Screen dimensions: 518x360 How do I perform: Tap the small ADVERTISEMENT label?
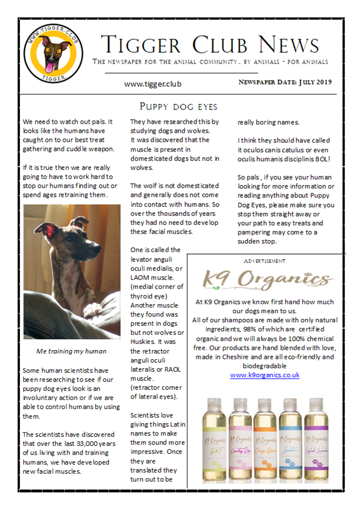[265, 261]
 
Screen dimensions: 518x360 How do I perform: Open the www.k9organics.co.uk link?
[265, 375]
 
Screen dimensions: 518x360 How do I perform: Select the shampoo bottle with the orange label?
[265, 440]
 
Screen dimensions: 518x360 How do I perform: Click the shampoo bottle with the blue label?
[291, 440]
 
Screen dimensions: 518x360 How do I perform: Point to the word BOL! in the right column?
[337, 158]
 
